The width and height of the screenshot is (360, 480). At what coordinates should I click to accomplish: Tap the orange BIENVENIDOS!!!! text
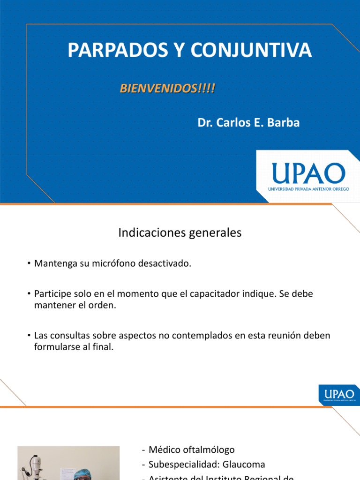pyautogui.click(x=167, y=89)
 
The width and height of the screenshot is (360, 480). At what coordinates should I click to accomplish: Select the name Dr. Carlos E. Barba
pyautogui.click(x=248, y=123)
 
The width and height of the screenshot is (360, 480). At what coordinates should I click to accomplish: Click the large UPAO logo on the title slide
pyautogui.click(x=308, y=173)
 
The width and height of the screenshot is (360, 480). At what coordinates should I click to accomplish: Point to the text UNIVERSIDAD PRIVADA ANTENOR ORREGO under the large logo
pyautogui.click(x=308, y=188)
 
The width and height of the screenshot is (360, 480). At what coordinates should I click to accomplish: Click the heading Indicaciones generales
pyautogui.click(x=180, y=232)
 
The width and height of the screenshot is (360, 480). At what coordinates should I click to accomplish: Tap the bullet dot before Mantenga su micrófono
pyautogui.click(x=29, y=264)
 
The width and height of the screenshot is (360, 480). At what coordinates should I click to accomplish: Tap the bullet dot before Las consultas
pyautogui.click(x=29, y=336)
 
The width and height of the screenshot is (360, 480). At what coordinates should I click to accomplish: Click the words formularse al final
pyautogui.click(x=74, y=347)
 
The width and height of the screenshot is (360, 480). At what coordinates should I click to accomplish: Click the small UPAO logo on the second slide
pyautogui.click(x=338, y=394)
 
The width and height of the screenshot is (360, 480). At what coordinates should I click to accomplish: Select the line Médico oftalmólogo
pyautogui.click(x=191, y=450)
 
